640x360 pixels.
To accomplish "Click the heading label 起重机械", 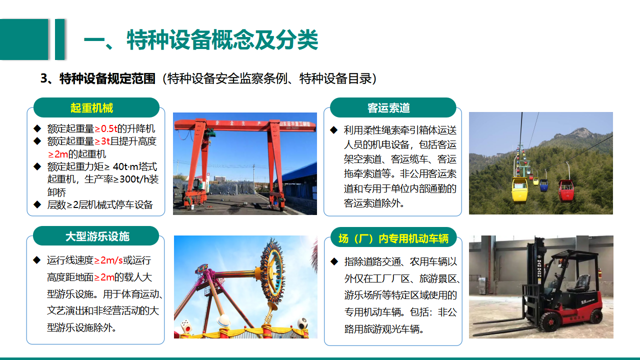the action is pyautogui.click(x=91, y=108).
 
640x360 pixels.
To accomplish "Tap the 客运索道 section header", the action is pyautogui.click(x=388, y=108).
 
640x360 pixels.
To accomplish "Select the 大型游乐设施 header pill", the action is pyautogui.click(x=96, y=236).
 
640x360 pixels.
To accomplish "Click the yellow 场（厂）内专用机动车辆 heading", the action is pyautogui.click(x=393, y=238).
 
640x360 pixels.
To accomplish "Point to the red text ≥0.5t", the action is pyautogui.click(x=105, y=129).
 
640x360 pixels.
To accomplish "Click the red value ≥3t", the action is pyautogui.click(x=102, y=141).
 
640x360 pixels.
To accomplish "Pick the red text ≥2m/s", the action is pyautogui.click(x=108, y=260).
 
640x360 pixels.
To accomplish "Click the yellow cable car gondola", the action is pyautogui.click(x=519, y=189).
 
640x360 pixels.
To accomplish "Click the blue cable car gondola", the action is pyautogui.click(x=543, y=185).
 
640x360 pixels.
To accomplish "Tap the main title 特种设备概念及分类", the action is pyautogui.click(x=222, y=39).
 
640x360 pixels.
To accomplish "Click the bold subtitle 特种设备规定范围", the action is pyautogui.click(x=107, y=78).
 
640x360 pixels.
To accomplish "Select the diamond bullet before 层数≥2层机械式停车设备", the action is pyautogui.click(x=37, y=204).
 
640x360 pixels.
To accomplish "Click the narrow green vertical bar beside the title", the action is pyautogui.click(x=59, y=39).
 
